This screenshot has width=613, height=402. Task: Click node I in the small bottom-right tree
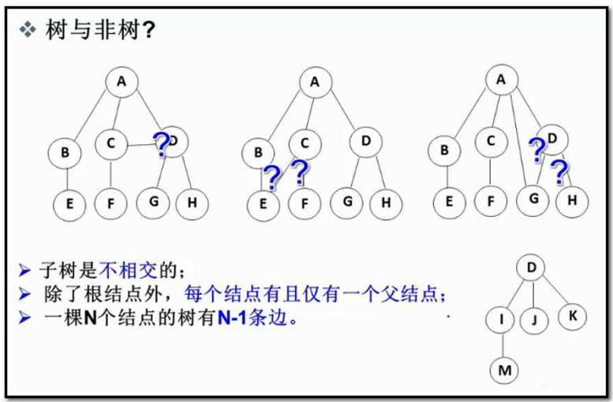(502, 320)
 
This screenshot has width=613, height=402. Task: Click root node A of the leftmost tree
(121, 81)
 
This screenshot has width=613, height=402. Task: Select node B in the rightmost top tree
(444, 149)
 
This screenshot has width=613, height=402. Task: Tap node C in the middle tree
(305, 143)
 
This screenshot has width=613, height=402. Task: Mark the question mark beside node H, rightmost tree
(559, 169)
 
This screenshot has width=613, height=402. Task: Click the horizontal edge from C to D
(140, 143)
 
